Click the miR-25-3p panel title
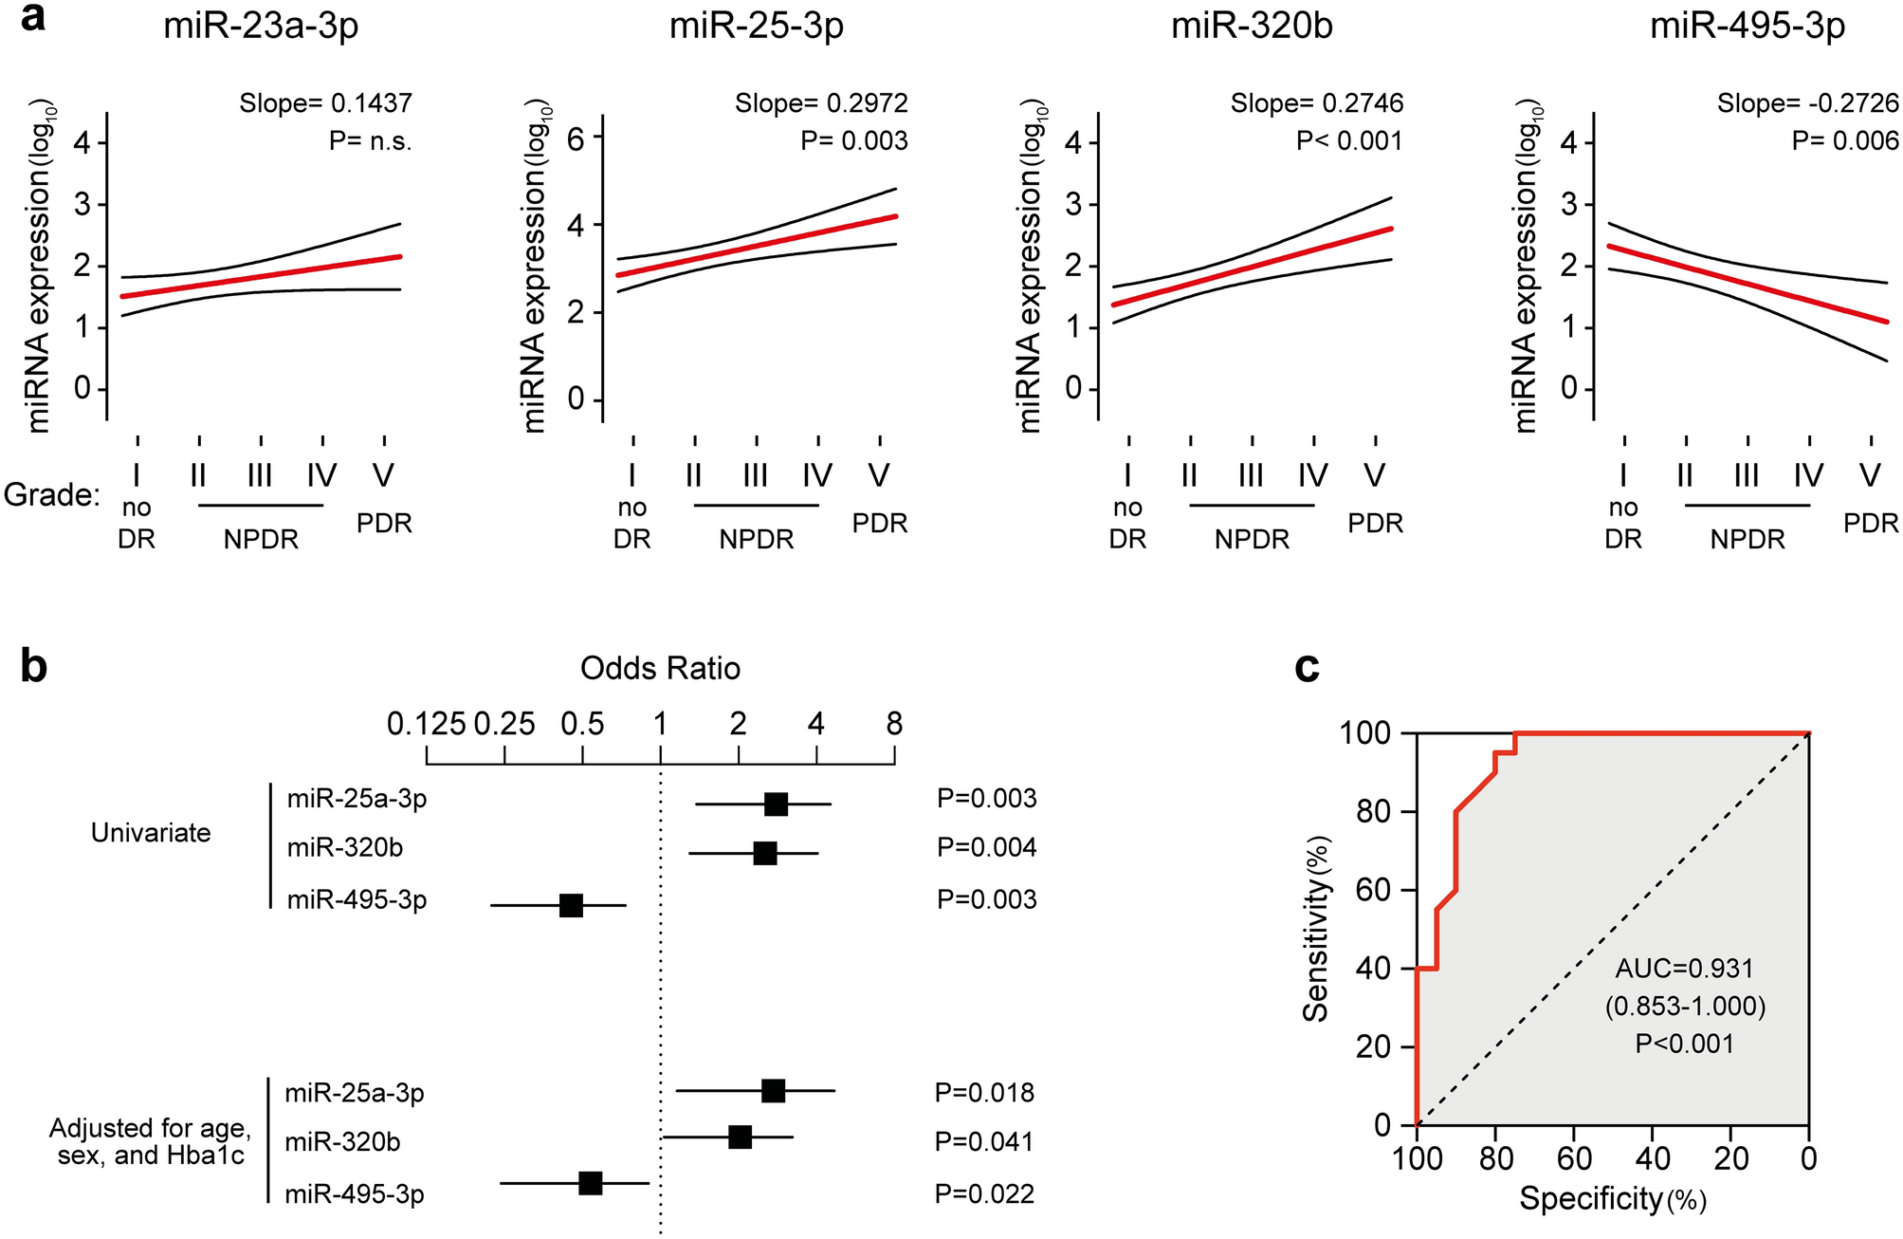coord(756,27)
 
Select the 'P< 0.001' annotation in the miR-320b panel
coord(1348,141)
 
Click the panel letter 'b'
coord(34,668)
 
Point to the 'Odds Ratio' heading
coord(660,669)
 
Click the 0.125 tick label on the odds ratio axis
coord(426,725)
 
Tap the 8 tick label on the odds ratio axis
coord(894,725)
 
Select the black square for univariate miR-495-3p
coord(571,905)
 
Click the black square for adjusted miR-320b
coord(741,1137)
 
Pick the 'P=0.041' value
coord(984,1142)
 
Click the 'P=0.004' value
coord(986,847)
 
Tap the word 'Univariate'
coord(151,833)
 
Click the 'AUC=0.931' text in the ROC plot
coord(1685,969)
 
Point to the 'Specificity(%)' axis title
coord(1613,1199)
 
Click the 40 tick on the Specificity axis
coord(1652,1158)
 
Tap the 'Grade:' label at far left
coord(51,494)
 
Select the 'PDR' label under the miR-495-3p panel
coord(1870,524)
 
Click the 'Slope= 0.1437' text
coord(325,103)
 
